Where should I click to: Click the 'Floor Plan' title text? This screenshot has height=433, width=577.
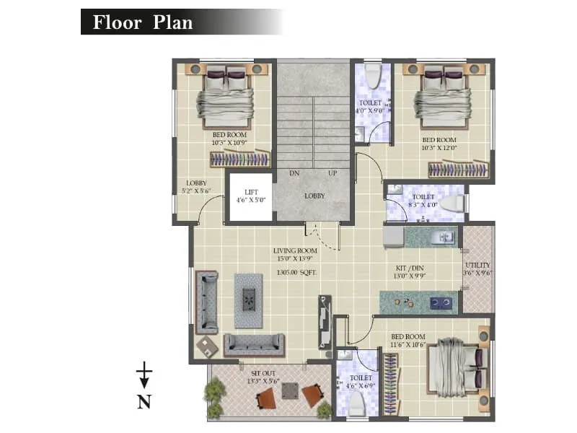coord(142,22)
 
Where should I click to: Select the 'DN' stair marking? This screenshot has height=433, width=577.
coord(294,174)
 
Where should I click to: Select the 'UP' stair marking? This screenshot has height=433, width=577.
coord(332,174)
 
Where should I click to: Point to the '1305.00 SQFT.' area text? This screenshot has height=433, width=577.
coord(296,273)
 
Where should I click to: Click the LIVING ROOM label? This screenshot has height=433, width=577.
coord(295,250)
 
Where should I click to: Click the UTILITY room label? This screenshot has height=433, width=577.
coord(477,265)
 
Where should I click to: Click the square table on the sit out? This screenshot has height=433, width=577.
coord(289,390)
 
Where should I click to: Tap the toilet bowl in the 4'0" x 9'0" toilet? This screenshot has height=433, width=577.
coord(372,75)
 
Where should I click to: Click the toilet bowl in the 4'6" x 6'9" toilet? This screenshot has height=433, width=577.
coord(357,406)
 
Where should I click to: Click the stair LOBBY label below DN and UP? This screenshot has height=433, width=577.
coord(314,196)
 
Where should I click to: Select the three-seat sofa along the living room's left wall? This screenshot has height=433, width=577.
coord(207,302)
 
